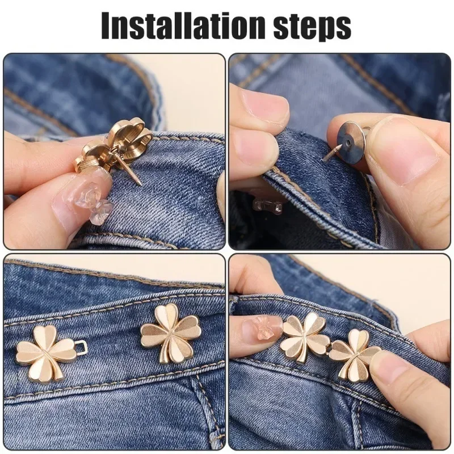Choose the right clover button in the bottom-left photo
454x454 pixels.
coord(170,332)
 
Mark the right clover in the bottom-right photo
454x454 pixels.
coord(355,355)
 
